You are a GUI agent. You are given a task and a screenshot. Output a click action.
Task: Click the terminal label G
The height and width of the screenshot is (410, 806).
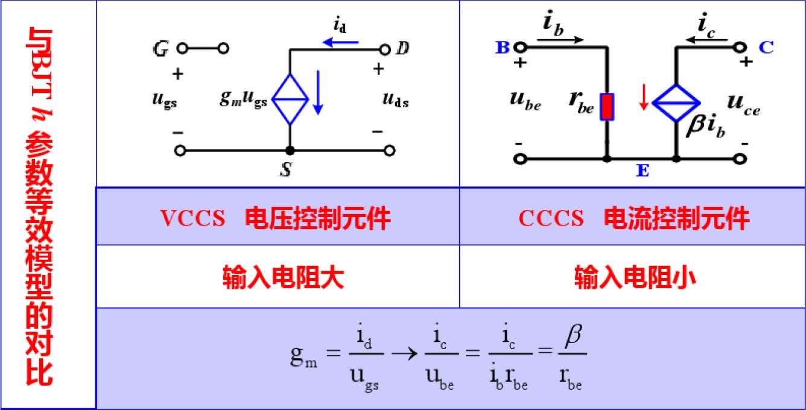tap(160, 49)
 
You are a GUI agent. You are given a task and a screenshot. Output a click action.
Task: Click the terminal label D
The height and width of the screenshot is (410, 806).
tap(402, 49)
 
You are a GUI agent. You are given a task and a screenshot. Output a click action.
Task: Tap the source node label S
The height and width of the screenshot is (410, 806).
tap(287, 171)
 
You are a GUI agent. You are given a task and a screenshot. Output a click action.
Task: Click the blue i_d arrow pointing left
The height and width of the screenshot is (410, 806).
tap(341, 42)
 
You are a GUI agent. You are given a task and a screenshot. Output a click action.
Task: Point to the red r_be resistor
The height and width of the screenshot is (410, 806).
tap(607, 107)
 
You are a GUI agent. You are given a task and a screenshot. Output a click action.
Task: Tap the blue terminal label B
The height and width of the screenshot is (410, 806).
tap(503, 48)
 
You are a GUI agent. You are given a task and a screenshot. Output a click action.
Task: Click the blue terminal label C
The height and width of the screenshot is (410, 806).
tap(766, 48)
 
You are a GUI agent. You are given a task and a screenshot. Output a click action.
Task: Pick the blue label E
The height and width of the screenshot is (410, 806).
tap(642, 172)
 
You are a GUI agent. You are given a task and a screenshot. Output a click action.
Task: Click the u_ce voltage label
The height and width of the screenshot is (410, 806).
tap(743, 106)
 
